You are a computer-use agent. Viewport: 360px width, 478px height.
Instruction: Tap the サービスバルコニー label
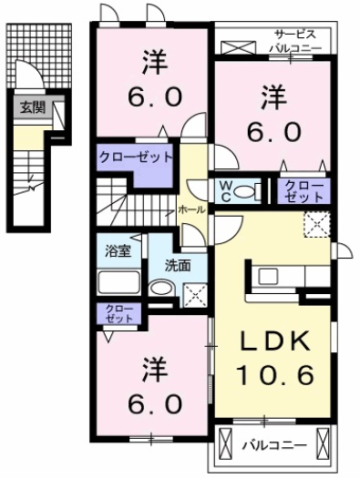(292, 39)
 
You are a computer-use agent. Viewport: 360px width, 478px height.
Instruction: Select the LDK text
(273, 341)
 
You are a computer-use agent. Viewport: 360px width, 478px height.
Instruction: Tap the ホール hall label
(191, 209)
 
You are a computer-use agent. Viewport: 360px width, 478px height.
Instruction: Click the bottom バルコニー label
(273, 446)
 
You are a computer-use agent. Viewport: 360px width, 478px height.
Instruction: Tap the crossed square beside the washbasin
(195, 293)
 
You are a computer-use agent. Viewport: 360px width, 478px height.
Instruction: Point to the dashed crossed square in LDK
(317, 223)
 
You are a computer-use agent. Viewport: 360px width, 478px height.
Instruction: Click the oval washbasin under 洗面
(160, 289)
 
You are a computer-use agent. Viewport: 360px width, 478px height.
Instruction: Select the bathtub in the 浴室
(116, 278)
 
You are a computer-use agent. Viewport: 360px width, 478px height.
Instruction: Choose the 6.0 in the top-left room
(151, 95)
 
